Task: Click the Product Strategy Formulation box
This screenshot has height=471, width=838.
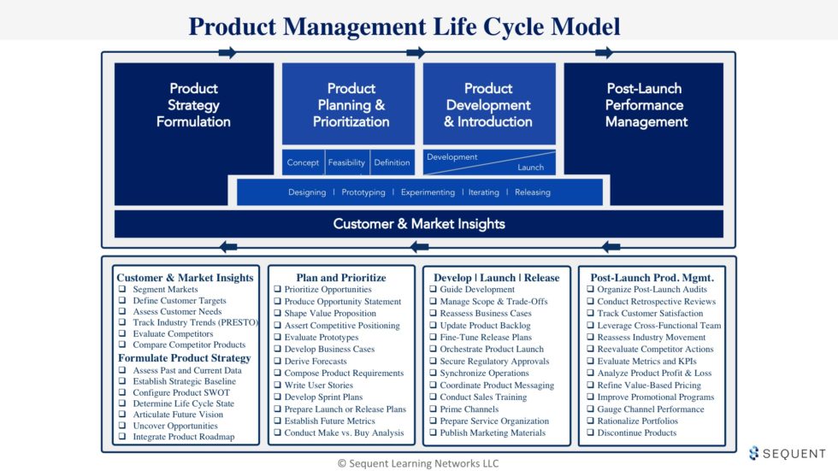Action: [x=193, y=105]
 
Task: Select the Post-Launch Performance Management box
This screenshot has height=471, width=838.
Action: [x=646, y=105]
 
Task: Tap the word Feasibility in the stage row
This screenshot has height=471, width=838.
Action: [x=346, y=162]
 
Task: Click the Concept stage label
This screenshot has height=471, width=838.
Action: [x=303, y=162]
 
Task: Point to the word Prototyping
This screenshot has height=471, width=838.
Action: [x=363, y=192]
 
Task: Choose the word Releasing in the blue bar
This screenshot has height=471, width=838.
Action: [x=533, y=192]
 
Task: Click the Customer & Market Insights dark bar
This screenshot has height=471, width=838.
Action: [x=419, y=224]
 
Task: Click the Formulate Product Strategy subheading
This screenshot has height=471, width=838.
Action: [x=185, y=357]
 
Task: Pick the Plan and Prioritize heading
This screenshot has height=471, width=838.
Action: [x=341, y=277]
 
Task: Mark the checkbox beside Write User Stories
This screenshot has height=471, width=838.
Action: [x=277, y=386]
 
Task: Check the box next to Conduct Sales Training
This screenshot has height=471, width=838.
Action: [x=433, y=397]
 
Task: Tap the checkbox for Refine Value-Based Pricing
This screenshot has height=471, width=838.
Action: [x=589, y=386]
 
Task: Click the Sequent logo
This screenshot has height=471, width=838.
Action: [x=788, y=453]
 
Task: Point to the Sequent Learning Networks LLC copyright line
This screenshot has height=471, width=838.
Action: [x=418, y=463]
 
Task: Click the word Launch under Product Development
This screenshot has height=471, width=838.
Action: [x=530, y=168]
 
